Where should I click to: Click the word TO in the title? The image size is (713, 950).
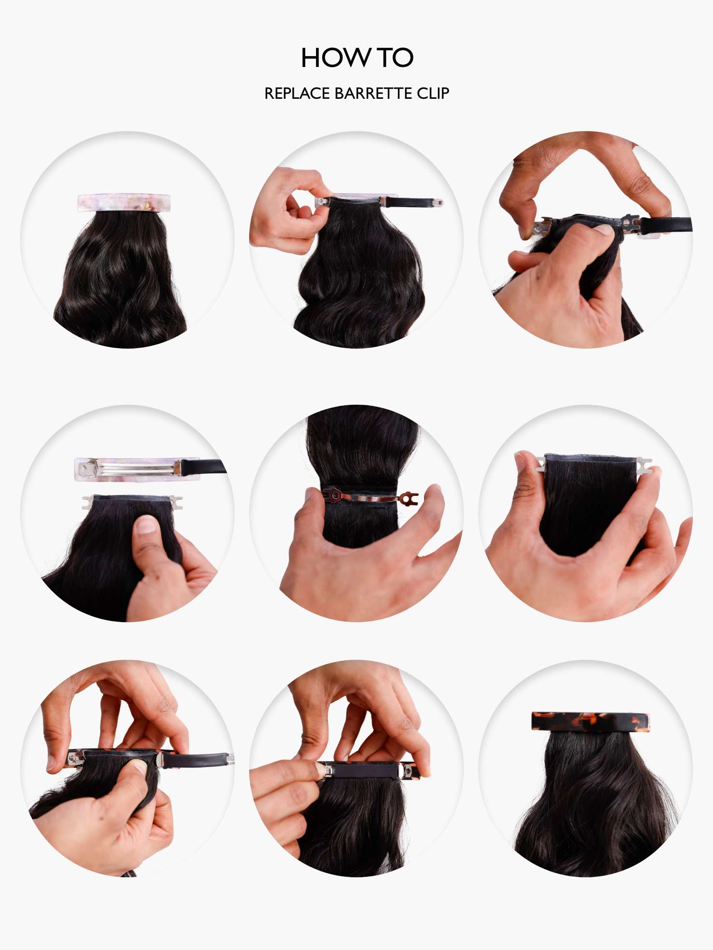(x=395, y=57)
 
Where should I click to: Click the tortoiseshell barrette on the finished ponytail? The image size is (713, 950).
(x=590, y=721)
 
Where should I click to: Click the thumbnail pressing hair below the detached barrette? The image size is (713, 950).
(x=146, y=525)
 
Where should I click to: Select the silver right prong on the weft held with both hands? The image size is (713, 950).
(x=644, y=463)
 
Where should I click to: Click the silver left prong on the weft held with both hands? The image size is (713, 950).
(x=540, y=463)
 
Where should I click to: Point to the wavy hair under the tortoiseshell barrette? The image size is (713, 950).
(x=594, y=803)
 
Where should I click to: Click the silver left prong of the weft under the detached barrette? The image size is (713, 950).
(x=87, y=502)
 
